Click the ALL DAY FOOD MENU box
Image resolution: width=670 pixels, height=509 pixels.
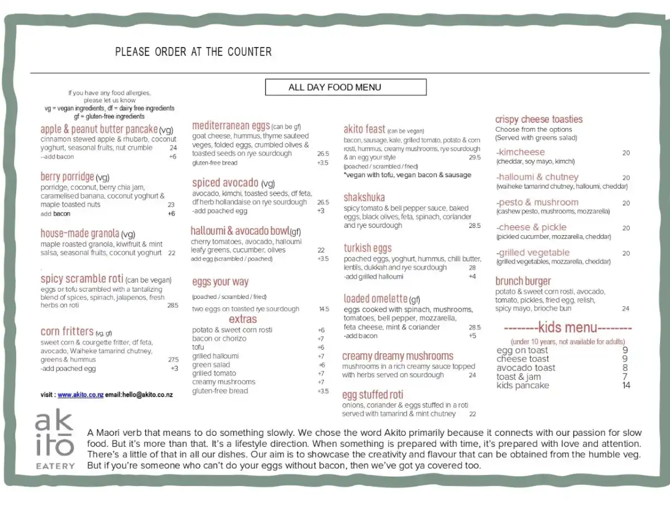coord(346,87)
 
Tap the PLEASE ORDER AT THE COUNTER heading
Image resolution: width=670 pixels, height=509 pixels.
coord(193,52)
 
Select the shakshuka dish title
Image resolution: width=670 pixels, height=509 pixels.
coord(364,197)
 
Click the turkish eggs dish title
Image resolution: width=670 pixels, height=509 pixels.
coord(367,248)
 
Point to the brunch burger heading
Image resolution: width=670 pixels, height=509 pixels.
coord(523,281)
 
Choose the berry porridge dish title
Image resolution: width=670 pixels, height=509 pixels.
coord(67,177)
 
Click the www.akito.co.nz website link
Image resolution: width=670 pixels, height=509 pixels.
coord(80,394)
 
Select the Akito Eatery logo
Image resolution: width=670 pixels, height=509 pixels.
coord(54,440)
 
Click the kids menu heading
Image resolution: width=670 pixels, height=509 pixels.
coord(568,328)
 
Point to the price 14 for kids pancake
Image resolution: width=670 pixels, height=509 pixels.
coord(626,386)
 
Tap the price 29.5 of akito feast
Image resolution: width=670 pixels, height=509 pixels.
coord(475,158)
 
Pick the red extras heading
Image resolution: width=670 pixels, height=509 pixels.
coord(243,319)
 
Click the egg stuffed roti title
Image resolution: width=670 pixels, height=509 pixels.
coord(372,395)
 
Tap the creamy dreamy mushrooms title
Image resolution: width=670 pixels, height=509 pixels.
coord(398,356)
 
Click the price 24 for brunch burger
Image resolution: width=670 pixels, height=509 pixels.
coord(625,308)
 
